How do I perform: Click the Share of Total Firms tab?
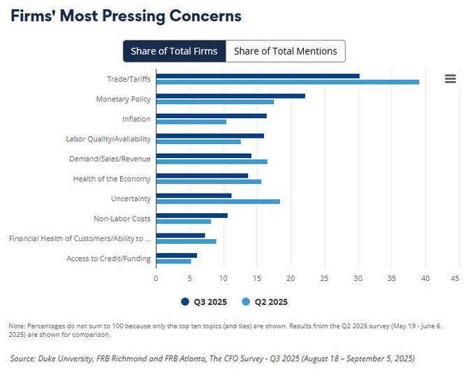coord(174,51)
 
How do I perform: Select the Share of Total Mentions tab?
coord(285,51)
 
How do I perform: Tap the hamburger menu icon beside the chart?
coord(451,79)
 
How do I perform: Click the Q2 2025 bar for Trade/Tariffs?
coord(287,82)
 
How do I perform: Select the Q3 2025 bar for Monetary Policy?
coord(231,96)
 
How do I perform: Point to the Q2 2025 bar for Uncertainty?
coord(218,201)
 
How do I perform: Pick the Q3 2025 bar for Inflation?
coord(211,115)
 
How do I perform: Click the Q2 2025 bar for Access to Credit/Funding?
coord(173,261)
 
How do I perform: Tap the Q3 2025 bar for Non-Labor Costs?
coord(191,215)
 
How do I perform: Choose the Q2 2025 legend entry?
coord(265,302)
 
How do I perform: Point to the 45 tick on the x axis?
coord(454,277)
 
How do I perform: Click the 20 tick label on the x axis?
coord(291,277)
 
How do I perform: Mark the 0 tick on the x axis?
coord(156,277)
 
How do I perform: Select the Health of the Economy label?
coord(112,179)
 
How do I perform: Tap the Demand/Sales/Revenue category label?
coord(110,159)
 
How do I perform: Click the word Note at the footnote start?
coord(16,326)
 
